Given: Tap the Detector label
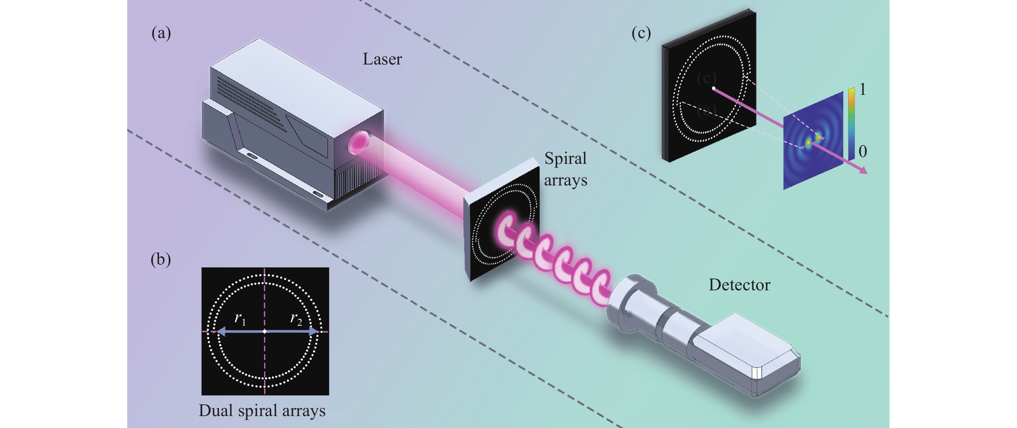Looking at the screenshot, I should coord(739,285).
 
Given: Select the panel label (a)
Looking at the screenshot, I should coord(161,33).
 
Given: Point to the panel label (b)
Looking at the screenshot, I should coord(161,260).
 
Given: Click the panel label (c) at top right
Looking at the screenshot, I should coord(641,33).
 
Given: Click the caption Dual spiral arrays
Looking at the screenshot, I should coord(262,411).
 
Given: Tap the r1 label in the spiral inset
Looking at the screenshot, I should coord(240,318).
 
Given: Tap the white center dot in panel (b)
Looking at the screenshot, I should coord(264,331).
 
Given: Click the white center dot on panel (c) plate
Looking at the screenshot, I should coord(714,88).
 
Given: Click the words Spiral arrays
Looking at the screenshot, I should coord(565,169).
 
